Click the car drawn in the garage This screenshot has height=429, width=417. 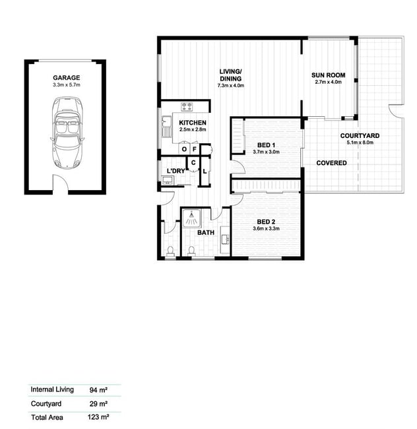[67, 133]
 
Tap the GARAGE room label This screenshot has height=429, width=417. [67, 78]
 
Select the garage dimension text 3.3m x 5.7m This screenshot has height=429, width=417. [67, 85]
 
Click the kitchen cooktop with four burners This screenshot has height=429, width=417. [187, 106]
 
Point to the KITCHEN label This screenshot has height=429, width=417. [193, 123]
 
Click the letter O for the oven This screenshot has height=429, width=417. [184, 149]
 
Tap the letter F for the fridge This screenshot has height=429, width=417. [195, 149]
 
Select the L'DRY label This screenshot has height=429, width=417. [176, 171]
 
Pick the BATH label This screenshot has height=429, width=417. [206, 232]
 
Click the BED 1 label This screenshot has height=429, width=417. [266, 145]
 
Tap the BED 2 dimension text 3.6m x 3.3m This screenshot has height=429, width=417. [266, 229]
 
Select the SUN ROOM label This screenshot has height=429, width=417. [328, 75]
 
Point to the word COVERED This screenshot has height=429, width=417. [331, 163]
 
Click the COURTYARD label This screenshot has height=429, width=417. [360, 136]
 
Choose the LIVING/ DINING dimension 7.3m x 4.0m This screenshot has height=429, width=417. [231, 86]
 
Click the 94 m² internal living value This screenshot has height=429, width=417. [98, 390]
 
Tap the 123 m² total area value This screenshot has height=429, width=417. [98, 417]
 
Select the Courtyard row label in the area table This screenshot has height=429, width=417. [46, 403]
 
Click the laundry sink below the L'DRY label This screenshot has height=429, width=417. [168, 180]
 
